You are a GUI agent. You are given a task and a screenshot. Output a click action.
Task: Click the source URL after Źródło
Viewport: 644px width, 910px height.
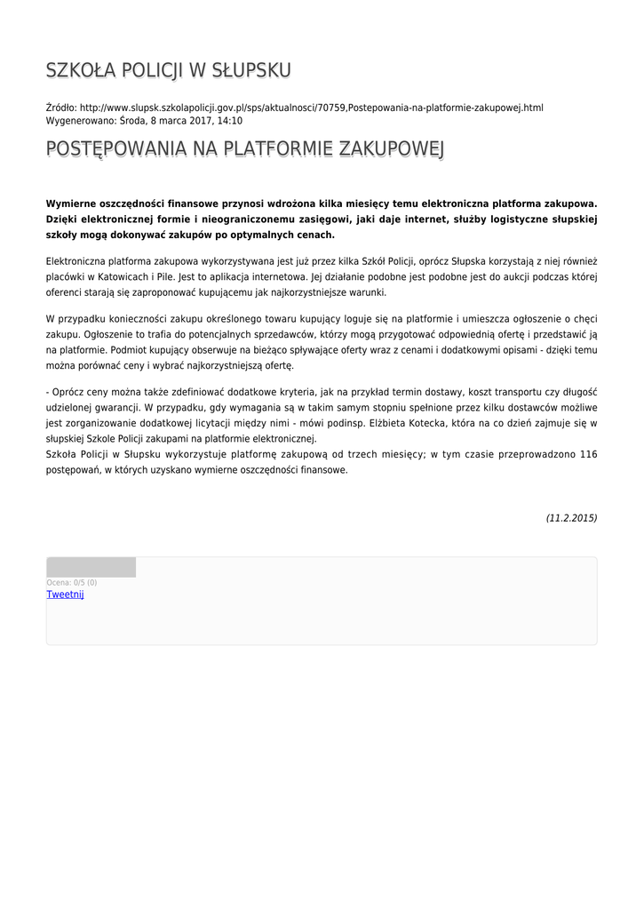(312, 108)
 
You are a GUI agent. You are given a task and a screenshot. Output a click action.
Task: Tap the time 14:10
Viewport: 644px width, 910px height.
(229, 121)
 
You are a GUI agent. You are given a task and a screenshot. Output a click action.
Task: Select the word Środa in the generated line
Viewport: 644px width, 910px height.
(131, 121)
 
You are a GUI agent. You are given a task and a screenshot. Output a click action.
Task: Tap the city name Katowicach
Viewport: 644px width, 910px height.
(126, 276)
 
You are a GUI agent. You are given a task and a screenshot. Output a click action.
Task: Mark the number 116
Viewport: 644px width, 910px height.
(588, 455)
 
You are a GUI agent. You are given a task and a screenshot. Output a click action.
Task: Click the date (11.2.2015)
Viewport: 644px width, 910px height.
(571, 517)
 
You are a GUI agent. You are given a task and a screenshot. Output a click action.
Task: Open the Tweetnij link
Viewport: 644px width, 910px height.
(65, 595)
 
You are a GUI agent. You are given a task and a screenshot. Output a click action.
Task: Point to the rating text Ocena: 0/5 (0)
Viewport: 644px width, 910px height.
(72, 583)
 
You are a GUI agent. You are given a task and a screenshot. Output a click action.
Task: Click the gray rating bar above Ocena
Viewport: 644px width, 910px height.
(91, 567)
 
